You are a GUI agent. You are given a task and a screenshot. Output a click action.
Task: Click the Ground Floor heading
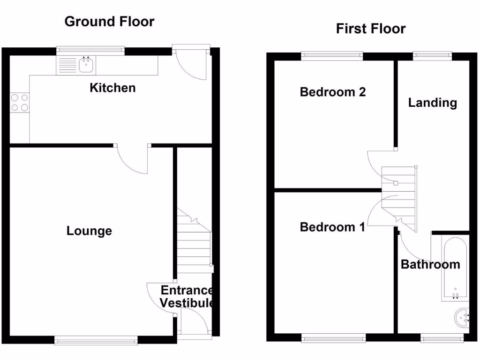pyautogui.click(x=109, y=22)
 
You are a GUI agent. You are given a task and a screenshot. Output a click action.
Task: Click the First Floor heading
pyautogui.click(x=370, y=29)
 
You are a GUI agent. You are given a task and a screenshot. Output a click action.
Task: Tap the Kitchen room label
pyautogui.click(x=112, y=88)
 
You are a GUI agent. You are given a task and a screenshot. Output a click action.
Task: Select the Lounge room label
pyautogui.click(x=89, y=231)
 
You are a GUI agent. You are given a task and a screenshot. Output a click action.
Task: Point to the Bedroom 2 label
pyautogui.click(x=332, y=92)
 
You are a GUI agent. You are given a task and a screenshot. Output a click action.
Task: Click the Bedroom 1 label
pyautogui.click(x=332, y=227)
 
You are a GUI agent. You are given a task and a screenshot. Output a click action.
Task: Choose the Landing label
pyautogui.click(x=432, y=103)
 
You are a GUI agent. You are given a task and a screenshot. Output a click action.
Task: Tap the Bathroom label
pyautogui.click(x=430, y=265)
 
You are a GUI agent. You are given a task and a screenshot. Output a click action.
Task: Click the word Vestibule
pyautogui.click(x=187, y=303)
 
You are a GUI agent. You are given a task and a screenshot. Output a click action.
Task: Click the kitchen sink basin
pyautogui.click(x=85, y=65)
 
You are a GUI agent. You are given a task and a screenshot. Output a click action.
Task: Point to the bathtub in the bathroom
pyautogui.click(x=454, y=270)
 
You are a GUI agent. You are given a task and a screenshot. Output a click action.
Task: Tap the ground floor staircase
pyautogui.click(x=194, y=244)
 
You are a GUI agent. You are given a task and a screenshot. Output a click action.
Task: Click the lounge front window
pyautogui.click(x=96, y=340)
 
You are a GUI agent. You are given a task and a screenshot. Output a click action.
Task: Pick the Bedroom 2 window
pyautogui.click(x=332, y=55)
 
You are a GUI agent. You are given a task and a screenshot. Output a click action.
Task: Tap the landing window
pyautogui.click(x=432, y=55)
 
